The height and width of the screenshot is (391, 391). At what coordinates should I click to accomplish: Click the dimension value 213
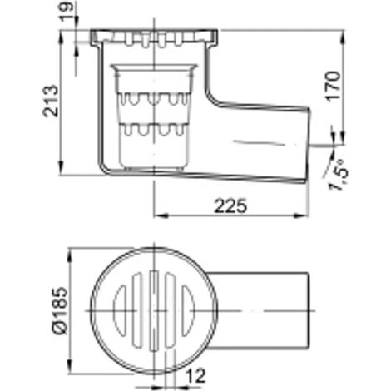pyautogui.click(x=51, y=101)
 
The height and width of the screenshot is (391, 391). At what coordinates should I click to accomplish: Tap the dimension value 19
pyautogui.click(x=67, y=11)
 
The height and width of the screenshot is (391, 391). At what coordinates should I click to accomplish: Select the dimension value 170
pyautogui.click(x=333, y=87)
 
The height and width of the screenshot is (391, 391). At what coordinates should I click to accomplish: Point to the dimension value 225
pyautogui.click(x=230, y=205)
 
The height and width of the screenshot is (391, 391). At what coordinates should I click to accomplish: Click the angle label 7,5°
pyautogui.click(x=338, y=175)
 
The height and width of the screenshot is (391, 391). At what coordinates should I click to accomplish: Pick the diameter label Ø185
pyautogui.click(x=60, y=311)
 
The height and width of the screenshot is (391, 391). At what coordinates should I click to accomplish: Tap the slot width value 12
pyautogui.click(x=195, y=375)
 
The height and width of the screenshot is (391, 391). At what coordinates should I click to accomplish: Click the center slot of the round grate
pyautogui.click(x=154, y=311)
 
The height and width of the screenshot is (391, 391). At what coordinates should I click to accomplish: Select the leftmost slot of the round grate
pyautogui.click(x=120, y=311)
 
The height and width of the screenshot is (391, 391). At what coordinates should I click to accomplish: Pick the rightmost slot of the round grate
pyautogui.click(x=188, y=311)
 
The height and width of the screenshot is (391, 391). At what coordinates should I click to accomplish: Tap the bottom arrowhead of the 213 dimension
pyautogui.click(x=62, y=167)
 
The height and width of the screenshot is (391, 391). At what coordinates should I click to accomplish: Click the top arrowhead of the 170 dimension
pyautogui.click(x=343, y=37)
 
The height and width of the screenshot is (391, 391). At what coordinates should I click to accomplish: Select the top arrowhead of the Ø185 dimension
pyautogui.click(x=70, y=255)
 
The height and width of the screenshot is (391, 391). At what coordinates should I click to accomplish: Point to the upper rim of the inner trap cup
pyautogui.click(x=154, y=67)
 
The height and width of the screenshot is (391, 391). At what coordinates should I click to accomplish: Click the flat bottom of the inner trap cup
pyautogui.click(x=154, y=168)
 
